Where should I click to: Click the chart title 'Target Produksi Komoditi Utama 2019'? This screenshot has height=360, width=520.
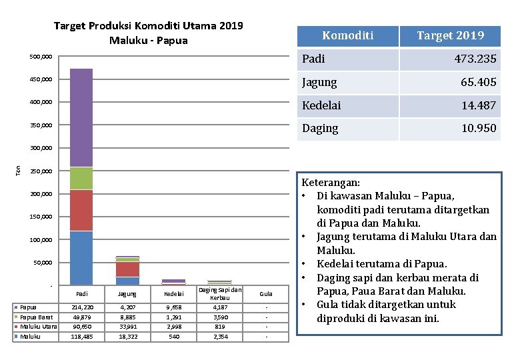(x=148, y=26)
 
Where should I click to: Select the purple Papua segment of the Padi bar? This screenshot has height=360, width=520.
(x=81, y=117)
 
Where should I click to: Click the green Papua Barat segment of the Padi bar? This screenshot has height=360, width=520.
(x=81, y=178)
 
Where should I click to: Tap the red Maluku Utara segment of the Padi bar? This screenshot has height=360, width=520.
(x=81, y=210)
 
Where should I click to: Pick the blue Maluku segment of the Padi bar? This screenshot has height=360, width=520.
(x=81, y=258)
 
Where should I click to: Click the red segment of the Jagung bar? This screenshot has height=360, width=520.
(x=127, y=269)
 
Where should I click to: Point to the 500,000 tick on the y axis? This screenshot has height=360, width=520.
(x=41, y=57)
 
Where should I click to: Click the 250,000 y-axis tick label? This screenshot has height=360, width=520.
(x=41, y=171)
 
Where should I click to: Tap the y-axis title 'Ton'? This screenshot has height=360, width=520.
(x=18, y=171)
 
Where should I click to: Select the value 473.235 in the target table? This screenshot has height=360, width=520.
(x=475, y=59)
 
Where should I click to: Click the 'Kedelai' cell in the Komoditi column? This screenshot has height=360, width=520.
(x=321, y=105)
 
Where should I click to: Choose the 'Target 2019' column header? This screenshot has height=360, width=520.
(x=451, y=35)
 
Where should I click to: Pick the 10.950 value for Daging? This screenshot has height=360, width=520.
(x=479, y=128)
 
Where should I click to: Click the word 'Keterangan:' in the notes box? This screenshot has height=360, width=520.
(x=331, y=182)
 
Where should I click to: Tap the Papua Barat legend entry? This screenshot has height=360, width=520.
(x=37, y=317)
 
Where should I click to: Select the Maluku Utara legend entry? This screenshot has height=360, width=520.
(x=39, y=327)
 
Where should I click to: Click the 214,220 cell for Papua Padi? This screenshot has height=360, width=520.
(x=81, y=307)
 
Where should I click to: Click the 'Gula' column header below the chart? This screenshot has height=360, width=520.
(x=266, y=293)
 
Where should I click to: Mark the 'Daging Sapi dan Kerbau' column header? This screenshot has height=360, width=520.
(x=219, y=293)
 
